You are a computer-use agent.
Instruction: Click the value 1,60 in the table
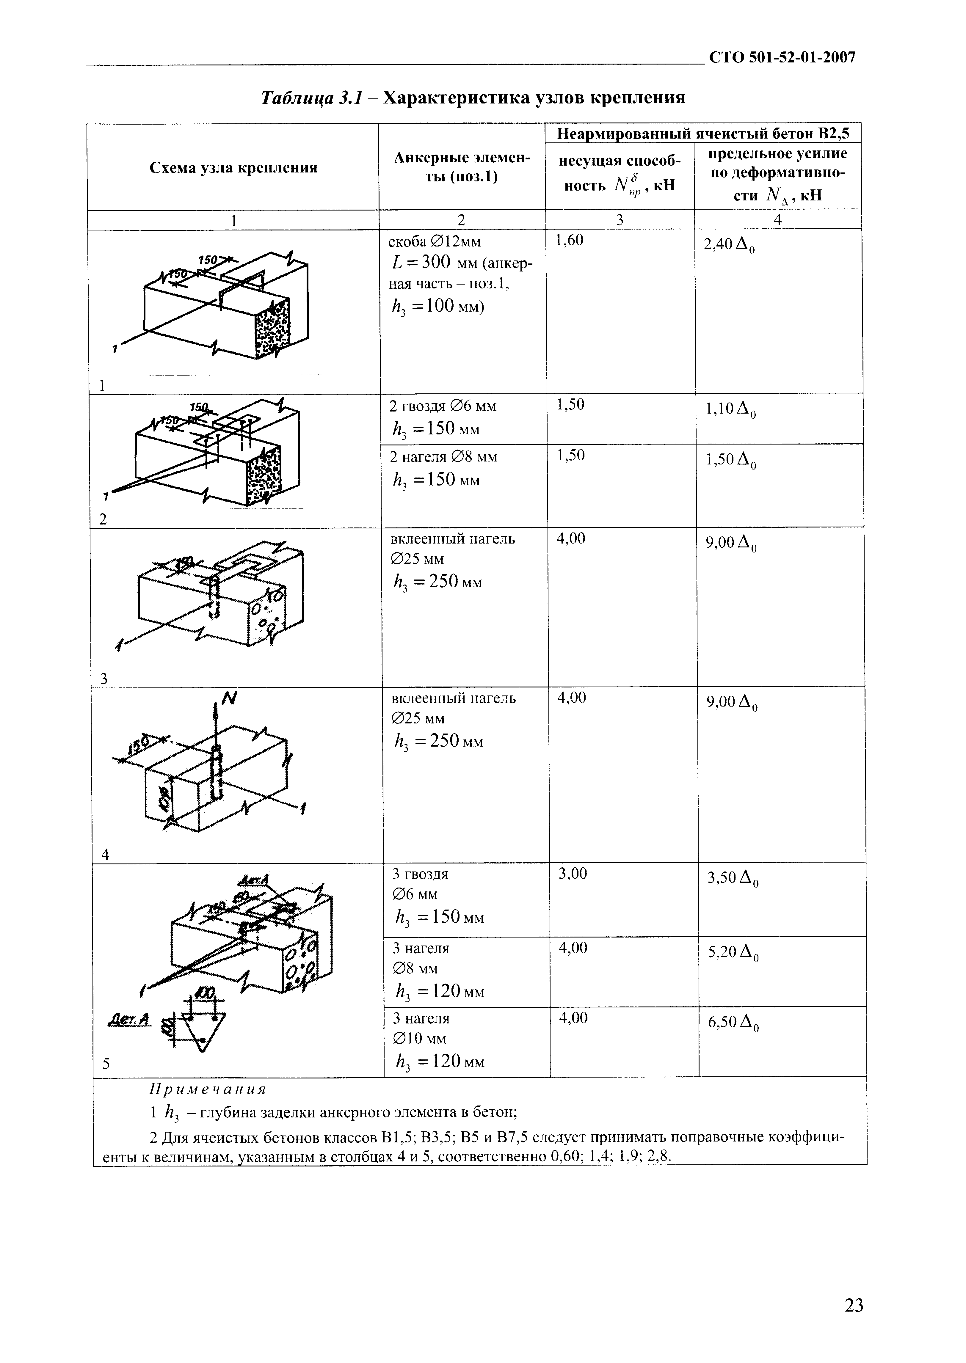(569, 240)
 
